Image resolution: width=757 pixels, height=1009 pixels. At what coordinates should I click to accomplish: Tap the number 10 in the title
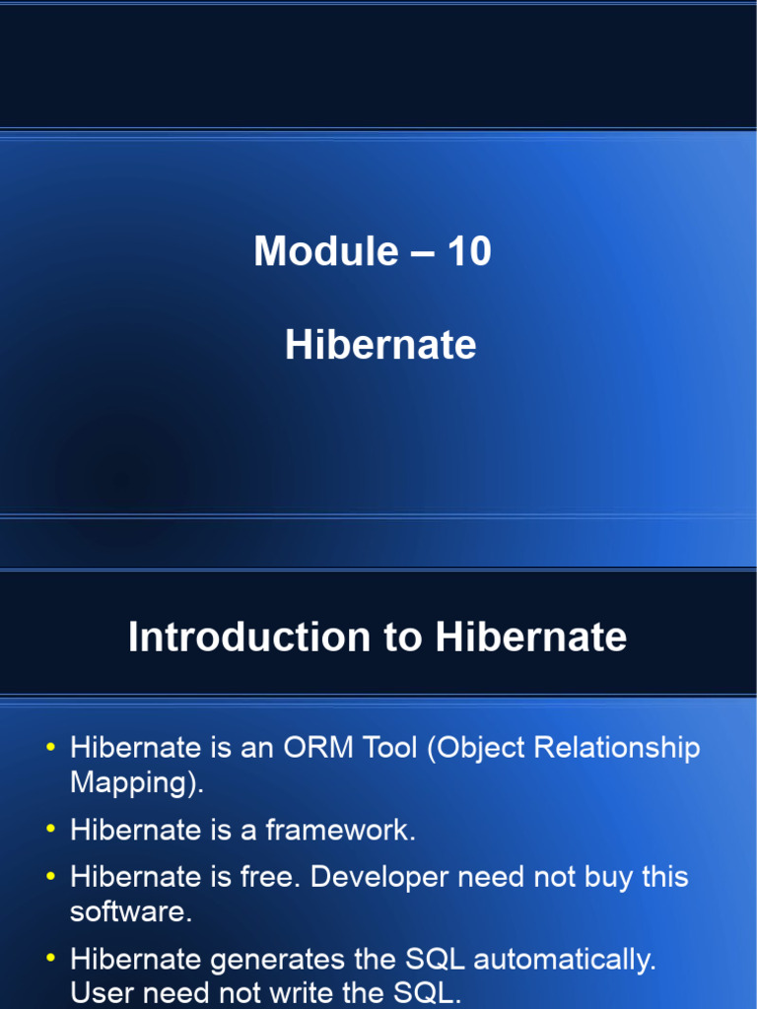click(469, 252)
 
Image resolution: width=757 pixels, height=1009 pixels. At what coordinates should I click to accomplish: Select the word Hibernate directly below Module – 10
click(380, 346)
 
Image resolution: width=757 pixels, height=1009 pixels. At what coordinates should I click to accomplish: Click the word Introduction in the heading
click(245, 638)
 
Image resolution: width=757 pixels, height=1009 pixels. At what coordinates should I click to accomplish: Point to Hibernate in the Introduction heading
click(530, 638)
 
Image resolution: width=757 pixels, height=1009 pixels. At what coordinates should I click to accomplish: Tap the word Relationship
click(616, 748)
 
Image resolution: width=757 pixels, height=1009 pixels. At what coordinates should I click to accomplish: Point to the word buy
click(610, 877)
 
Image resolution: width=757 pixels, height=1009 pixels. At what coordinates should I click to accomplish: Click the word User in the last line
click(100, 992)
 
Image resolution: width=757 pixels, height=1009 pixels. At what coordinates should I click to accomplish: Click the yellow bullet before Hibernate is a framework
click(50, 831)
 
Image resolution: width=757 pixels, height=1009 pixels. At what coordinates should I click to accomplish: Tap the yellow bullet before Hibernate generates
click(50, 959)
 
